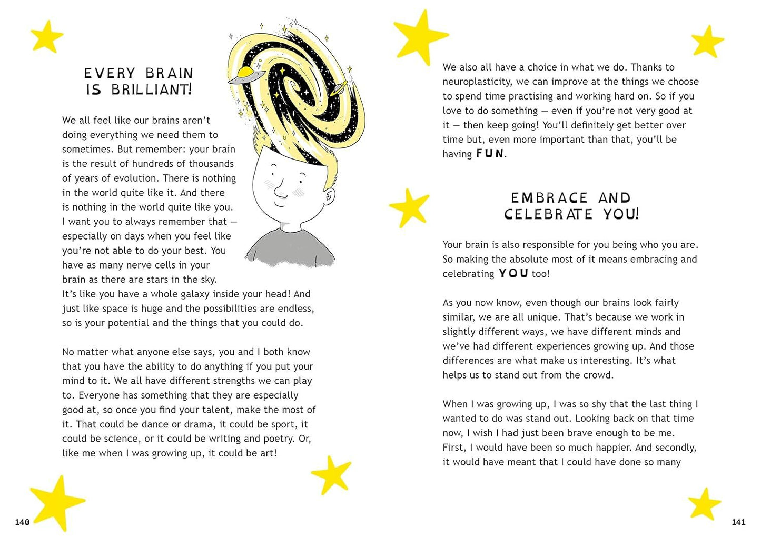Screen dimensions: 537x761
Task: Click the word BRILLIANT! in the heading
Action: point(152,89)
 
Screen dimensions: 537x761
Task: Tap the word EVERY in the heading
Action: point(110,73)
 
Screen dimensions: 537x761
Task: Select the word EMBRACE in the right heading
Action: point(549,198)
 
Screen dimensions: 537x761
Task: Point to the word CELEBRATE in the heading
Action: point(548,214)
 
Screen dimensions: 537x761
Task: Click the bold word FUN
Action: point(490,154)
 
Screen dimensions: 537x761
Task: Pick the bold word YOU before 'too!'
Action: point(513,273)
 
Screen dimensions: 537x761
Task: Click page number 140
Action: point(22,522)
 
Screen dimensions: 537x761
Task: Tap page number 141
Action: point(738,522)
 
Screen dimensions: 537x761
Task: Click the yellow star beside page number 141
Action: point(705,502)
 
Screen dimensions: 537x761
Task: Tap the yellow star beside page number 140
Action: point(56,501)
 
